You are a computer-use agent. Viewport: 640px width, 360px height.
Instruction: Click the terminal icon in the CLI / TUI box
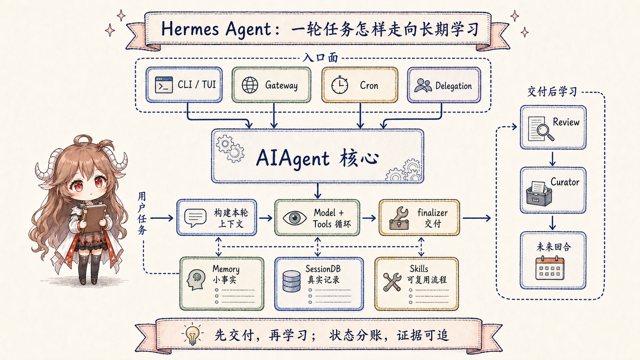pyautogui.click(x=164, y=85)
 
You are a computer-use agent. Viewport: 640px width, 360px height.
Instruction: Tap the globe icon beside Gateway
pyautogui.click(x=250, y=85)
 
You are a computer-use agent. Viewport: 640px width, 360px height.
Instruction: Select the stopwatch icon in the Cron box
pyautogui.click(x=340, y=85)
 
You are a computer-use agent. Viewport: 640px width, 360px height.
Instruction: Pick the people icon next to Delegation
pyautogui.click(x=423, y=85)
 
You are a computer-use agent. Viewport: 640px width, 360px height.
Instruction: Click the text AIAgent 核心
pyautogui.click(x=317, y=158)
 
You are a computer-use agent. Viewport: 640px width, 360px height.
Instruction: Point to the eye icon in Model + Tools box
pyautogui.click(x=295, y=218)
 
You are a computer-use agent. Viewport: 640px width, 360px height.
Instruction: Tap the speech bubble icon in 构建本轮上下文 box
pyautogui.click(x=196, y=218)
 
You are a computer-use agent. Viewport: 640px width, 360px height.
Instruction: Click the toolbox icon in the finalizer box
pyautogui.click(x=400, y=218)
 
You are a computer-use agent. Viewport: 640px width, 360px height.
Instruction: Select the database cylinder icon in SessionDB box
pyautogui.click(x=291, y=281)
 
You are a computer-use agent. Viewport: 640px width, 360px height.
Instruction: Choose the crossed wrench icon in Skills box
pyautogui.click(x=392, y=282)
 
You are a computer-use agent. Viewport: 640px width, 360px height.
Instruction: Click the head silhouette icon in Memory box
pyautogui.click(x=196, y=280)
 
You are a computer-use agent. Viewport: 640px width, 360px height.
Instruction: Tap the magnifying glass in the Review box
pyautogui.click(x=545, y=132)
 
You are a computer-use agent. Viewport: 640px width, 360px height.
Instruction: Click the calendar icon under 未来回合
pyautogui.click(x=550, y=268)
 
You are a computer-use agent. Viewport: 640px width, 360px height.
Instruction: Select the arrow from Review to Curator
pyautogui.click(x=553, y=159)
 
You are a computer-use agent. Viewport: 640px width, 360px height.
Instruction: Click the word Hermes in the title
pyautogui.click(x=190, y=29)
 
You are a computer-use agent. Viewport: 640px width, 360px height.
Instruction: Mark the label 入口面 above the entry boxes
pyautogui.click(x=320, y=58)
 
